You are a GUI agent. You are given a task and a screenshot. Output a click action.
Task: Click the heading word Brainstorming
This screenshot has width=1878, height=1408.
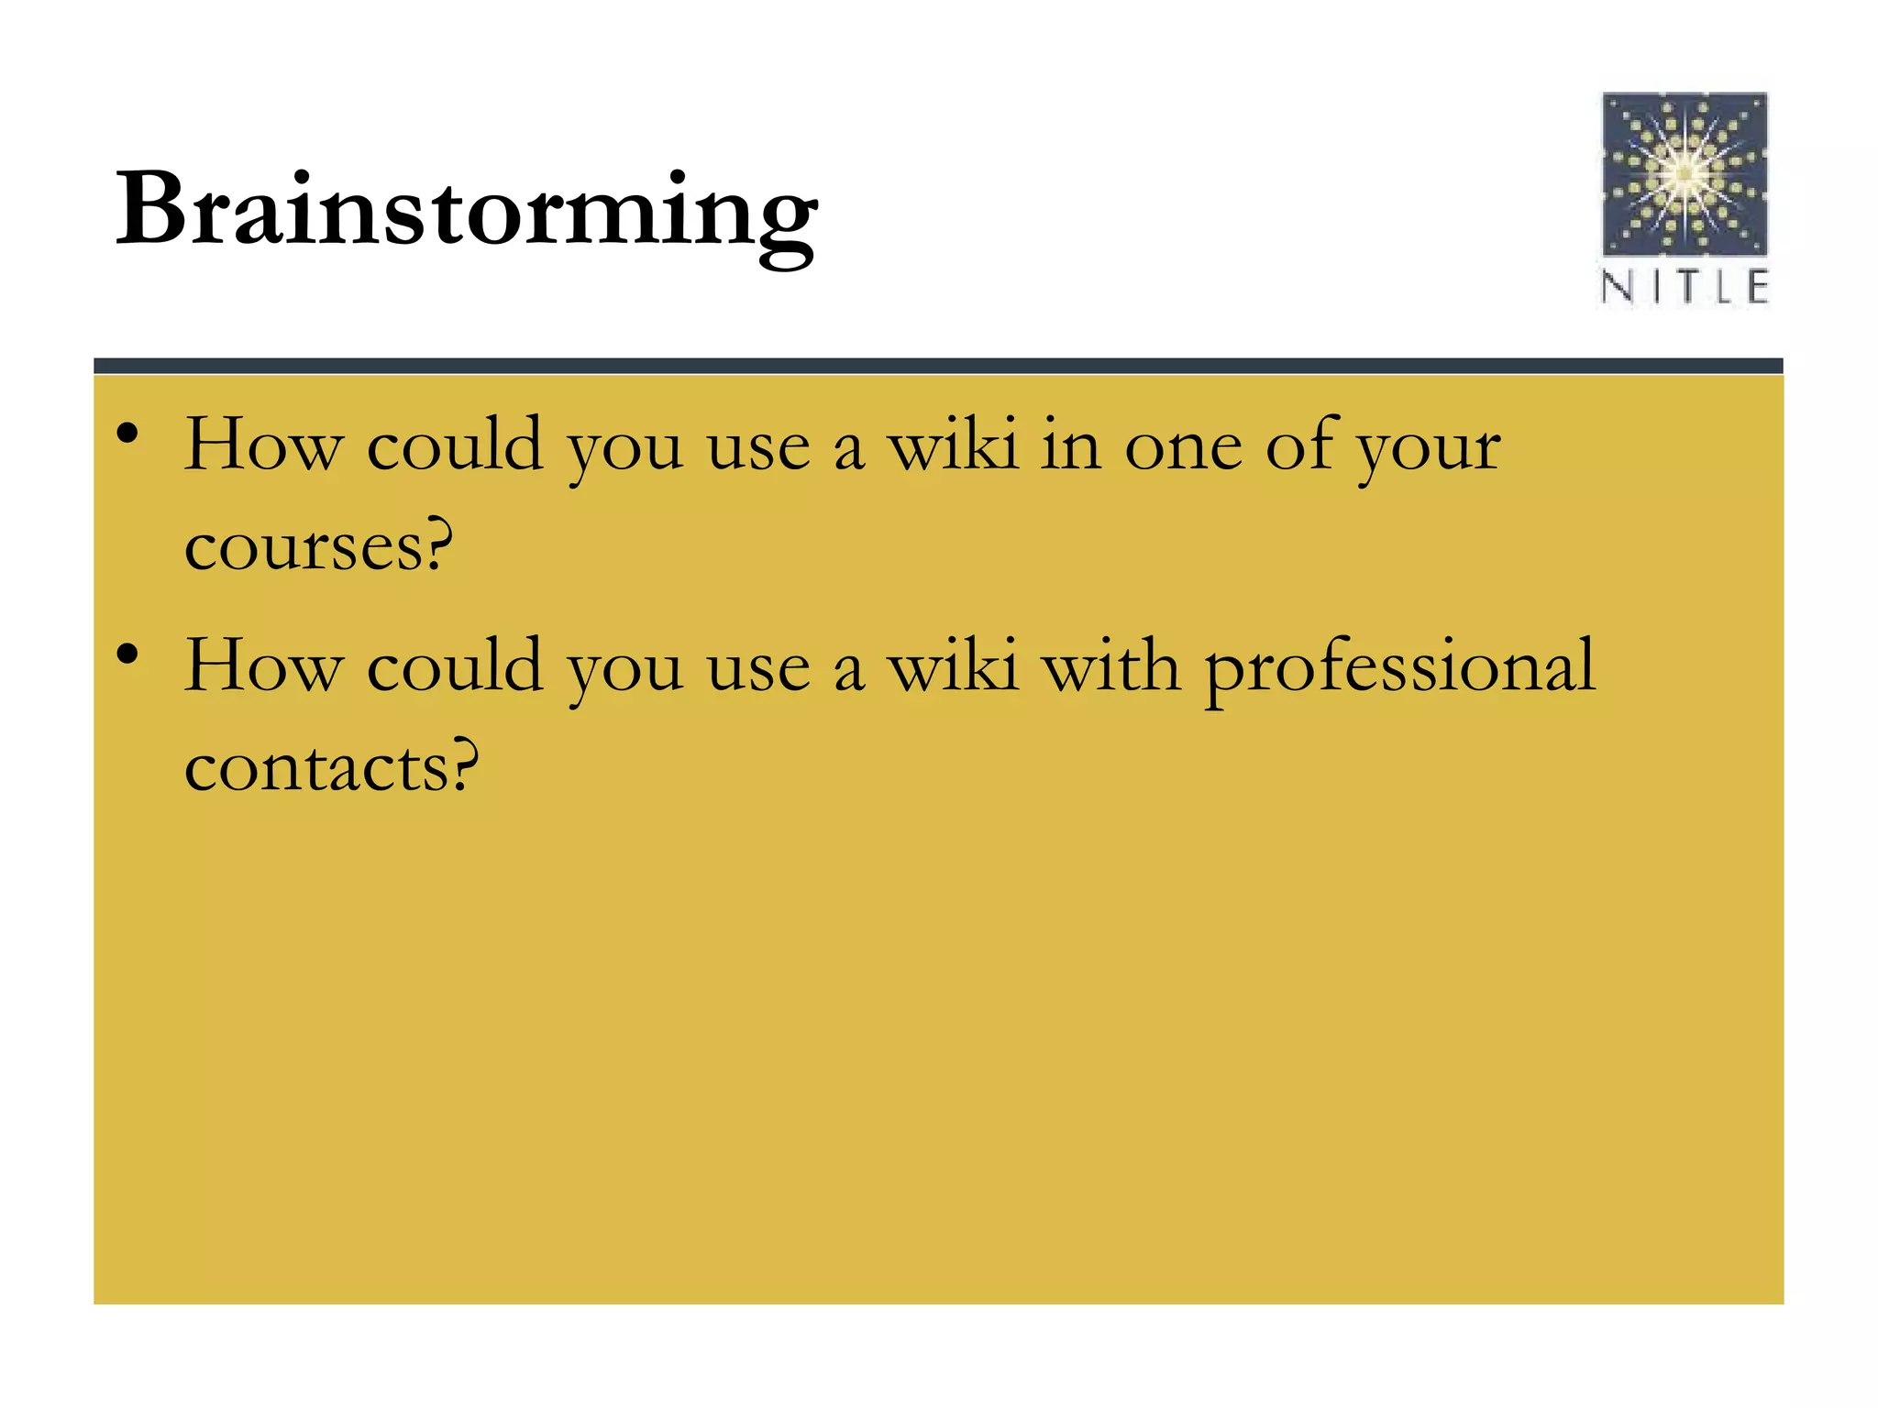click(466, 213)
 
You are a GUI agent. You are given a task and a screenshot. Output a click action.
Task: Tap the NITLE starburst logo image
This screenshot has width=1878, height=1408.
click(1685, 173)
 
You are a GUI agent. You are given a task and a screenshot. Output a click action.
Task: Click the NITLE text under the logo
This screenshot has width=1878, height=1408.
click(1685, 287)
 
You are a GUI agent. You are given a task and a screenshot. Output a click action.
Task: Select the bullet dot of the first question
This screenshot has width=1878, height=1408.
click(128, 433)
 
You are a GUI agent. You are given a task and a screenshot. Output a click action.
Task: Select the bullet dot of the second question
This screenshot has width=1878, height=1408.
click(128, 654)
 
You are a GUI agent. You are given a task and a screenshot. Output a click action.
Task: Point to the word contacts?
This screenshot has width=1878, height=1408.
click(332, 768)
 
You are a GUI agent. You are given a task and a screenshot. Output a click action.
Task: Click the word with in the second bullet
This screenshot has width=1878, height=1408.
click(1110, 666)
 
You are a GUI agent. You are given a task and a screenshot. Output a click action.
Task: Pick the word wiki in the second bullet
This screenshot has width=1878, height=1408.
click(953, 666)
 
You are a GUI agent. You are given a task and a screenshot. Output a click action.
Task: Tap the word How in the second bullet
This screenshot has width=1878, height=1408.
click(263, 666)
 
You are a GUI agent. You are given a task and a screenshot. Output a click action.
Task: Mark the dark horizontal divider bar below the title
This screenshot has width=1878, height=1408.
click(938, 366)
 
